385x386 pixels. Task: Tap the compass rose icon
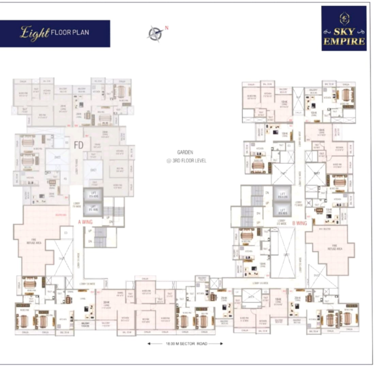pyautogui.click(x=155, y=34)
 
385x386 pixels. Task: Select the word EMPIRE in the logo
pyautogui.click(x=344, y=42)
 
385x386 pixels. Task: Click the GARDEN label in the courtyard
pyautogui.click(x=185, y=153)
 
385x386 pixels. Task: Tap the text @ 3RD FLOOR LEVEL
pyautogui.click(x=186, y=161)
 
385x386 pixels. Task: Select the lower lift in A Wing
pyautogui.click(x=94, y=209)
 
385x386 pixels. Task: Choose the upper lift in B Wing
pyautogui.click(x=283, y=195)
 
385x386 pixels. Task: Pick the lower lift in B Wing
pyautogui.click(x=283, y=211)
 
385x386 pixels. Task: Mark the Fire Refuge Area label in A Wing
pyautogui.click(x=35, y=241)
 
